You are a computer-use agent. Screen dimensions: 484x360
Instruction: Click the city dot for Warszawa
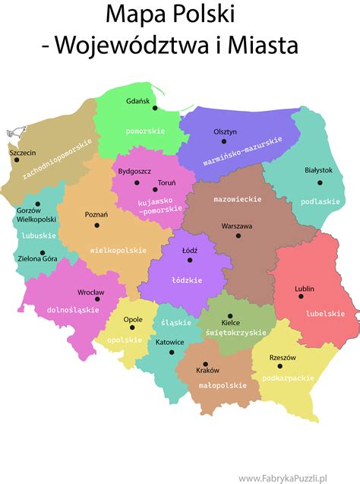click(x=238, y=236)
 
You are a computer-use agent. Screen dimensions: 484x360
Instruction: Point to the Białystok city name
click(x=318, y=170)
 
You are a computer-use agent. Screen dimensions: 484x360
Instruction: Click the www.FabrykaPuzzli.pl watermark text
click(x=298, y=477)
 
